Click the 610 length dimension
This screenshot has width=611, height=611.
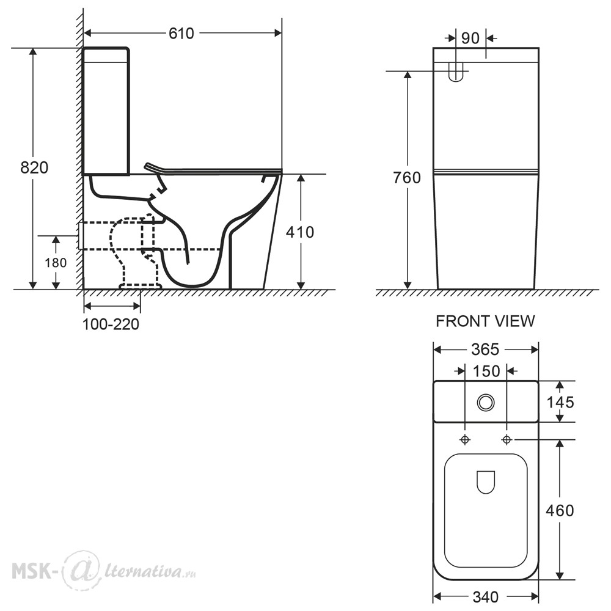coord(181,34)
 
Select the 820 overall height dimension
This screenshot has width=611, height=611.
coord(34,167)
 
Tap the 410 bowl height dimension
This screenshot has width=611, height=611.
coord(300,232)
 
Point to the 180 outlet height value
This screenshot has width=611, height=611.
coord(56,263)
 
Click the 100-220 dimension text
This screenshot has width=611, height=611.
coord(111,324)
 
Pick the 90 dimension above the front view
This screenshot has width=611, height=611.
coord(470,38)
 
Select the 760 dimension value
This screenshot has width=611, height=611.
coord(407,178)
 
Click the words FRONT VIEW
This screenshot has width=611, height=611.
coord(485,321)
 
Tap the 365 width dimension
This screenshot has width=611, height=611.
coord(485,349)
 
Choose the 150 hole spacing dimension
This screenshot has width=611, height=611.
coord(486,371)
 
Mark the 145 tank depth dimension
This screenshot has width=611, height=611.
coord(560,402)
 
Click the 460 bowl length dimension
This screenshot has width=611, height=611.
coord(560,510)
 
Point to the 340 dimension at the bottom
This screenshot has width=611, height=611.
coord(486,596)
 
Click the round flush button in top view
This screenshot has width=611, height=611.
coord(486,403)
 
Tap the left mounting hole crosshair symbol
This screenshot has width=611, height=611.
coord(465,439)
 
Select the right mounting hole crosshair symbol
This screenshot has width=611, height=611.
coord(507,439)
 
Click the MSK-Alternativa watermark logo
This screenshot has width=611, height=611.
coord(104,570)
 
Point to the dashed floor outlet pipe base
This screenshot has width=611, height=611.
coord(140,286)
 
